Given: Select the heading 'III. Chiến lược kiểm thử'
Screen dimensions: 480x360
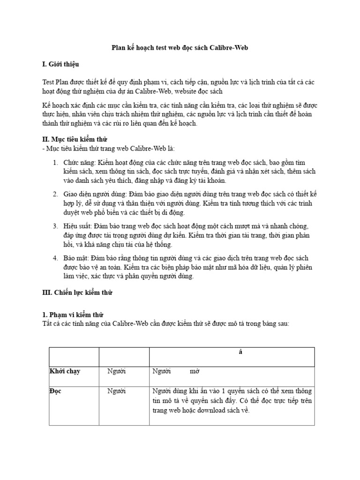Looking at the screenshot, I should click(78, 292).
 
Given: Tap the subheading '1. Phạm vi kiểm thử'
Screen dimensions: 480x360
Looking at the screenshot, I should click(73, 315).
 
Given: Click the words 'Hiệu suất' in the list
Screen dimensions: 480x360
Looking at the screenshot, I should click(78, 226).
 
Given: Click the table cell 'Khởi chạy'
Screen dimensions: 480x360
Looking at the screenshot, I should click(65, 371).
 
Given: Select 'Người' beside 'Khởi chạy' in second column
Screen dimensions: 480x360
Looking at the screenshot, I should click(117, 371).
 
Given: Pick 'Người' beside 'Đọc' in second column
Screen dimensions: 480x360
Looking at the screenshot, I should click(117, 391).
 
